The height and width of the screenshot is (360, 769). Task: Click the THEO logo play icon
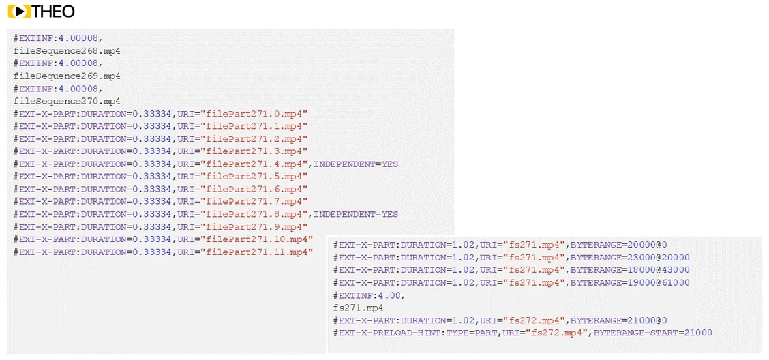coord(19,11)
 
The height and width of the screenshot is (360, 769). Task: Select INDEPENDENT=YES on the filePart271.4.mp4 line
coord(356,164)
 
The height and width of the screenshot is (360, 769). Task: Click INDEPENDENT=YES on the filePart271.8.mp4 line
coord(356,214)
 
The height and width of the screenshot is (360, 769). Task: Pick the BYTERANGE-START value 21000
coord(698,333)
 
